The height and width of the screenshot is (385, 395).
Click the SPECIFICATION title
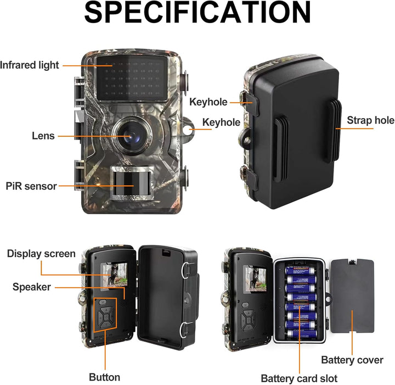point(198,13)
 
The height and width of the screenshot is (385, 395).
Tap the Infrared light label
point(30,65)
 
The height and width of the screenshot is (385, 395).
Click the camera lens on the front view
point(132,136)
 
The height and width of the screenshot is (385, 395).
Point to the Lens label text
point(43,136)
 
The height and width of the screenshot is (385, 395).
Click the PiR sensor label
point(31,186)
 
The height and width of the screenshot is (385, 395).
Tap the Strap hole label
point(370,120)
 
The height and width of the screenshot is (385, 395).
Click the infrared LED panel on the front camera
point(132,78)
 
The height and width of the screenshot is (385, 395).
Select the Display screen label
point(41,254)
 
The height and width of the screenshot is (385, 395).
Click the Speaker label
point(31,287)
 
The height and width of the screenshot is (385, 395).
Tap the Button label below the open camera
point(105,377)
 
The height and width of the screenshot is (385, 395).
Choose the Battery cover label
point(352,360)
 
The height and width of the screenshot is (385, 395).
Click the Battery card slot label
point(299,378)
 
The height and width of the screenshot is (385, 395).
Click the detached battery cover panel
point(352,295)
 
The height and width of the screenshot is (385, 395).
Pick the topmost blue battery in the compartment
point(300,271)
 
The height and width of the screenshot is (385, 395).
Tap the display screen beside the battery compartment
point(256,279)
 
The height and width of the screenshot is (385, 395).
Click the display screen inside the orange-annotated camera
point(114,276)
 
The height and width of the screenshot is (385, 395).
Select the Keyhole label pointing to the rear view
point(208,102)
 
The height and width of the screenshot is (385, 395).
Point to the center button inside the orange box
point(106,317)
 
